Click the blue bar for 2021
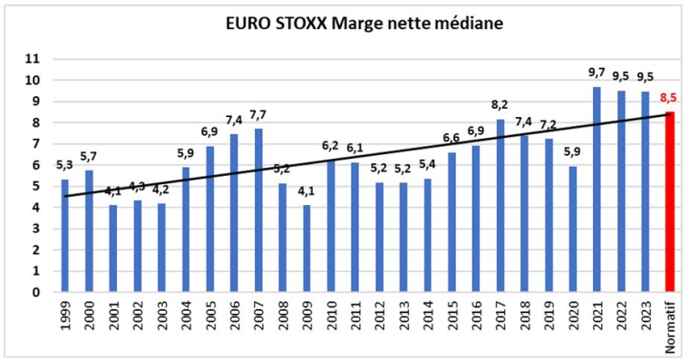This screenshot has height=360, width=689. [x=596, y=190]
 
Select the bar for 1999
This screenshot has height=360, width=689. [x=64, y=236]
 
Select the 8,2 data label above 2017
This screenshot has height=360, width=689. [x=500, y=104]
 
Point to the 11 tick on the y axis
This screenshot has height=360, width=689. [x=33, y=59]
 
